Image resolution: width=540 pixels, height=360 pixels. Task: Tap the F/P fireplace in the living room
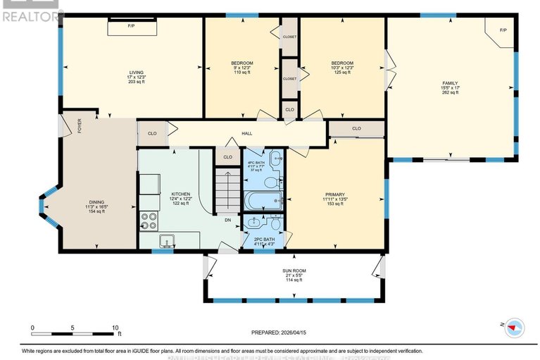[x=132, y=27]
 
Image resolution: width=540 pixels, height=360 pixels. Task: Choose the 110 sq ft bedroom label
[x=241, y=68]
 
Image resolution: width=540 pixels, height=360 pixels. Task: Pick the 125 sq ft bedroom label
[x=341, y=68]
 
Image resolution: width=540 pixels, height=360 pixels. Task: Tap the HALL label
[x=247, y=133]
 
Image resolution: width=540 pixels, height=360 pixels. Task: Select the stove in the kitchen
[x=149, y=218]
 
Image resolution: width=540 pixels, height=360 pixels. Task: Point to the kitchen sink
[x=166, y=241]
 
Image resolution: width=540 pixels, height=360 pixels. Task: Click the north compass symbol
[x=514, y=325]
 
